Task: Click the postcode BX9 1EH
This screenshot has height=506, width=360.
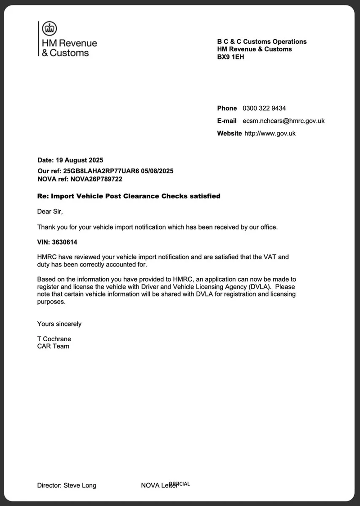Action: (231, 57)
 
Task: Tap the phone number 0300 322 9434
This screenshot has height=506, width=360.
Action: (264, 108)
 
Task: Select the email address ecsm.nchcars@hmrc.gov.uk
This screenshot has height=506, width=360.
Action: (283, 121)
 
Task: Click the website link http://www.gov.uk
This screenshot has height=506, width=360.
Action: (270, 133)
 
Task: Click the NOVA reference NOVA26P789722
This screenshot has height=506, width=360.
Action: (96, 179)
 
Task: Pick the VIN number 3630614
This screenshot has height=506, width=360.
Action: (64, 242)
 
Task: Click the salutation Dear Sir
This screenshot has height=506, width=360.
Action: (49, 211)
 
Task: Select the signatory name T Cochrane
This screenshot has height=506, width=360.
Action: (54, 339)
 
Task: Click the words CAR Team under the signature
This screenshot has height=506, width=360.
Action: (53, 346)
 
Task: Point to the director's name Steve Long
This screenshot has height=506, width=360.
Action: (80, 485)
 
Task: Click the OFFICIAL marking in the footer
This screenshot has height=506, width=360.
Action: (180, 484)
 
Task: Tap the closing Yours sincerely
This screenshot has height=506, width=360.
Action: (59, 324)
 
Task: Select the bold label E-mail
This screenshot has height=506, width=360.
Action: (227, 121)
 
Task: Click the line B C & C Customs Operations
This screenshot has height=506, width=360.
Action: (262, 41)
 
